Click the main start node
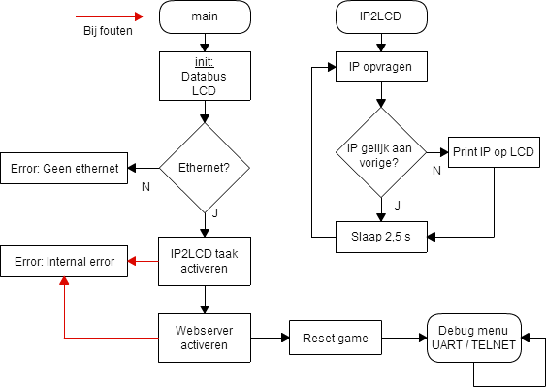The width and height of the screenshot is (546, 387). coord(204,16)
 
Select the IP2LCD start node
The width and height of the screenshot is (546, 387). coord(380,16)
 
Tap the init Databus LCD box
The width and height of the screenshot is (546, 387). coord(204,75)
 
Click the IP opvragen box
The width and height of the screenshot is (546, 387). coord(380,68)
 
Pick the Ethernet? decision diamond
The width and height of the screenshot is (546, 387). coord(204,168)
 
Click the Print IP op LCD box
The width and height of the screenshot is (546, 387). coord(494,152)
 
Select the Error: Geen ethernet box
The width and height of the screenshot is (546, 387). coord(64,168)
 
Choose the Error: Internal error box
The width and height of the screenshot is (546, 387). coord(64,261)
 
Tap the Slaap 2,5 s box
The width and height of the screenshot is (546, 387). coord(380,235)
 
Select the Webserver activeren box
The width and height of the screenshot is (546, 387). coord(204,338)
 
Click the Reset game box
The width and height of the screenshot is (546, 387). coord(335,338)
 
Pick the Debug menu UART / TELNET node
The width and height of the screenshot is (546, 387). coord(473,338)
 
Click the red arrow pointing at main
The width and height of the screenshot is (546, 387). coord(111,16)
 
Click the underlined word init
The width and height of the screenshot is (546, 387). coord(204,60)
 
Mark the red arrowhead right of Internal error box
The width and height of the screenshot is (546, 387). coord(133,261)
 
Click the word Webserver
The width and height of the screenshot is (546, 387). coord(204,330)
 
